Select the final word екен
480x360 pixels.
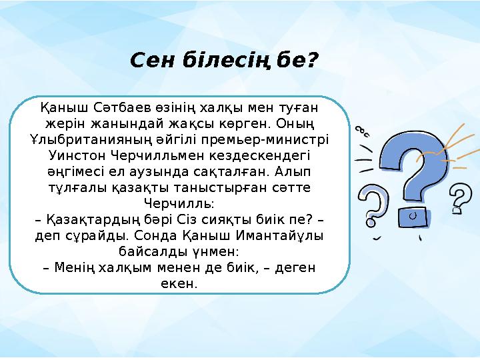179,284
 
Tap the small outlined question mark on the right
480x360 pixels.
461,198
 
